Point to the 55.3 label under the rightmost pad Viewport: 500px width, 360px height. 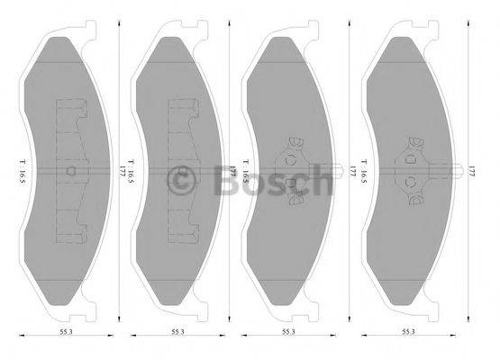[x=410, y=331]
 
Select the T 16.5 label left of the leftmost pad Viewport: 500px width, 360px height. [x=20, y=167]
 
